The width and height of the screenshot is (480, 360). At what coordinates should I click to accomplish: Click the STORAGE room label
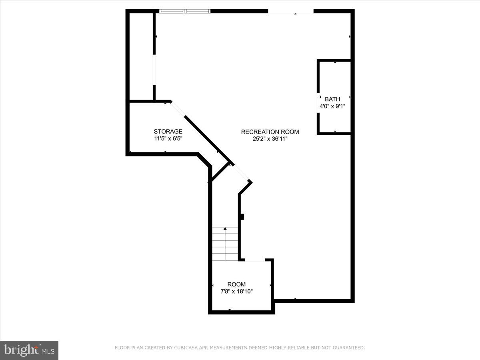tap(168, 131)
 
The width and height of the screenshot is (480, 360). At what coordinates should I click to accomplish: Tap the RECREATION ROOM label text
tap(270, 132)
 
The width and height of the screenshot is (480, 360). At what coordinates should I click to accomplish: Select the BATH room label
tap(332, 99)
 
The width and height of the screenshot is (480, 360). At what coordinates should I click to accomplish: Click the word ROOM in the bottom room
tap(236, 284)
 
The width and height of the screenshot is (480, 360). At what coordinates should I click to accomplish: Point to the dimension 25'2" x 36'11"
tap(270, 139)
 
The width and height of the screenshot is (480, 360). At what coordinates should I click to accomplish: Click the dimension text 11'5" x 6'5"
tap(168, 139)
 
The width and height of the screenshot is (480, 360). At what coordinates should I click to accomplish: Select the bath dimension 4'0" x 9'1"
tap(332, 106)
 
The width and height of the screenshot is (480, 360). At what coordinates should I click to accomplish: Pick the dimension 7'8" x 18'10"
tap(236, 292)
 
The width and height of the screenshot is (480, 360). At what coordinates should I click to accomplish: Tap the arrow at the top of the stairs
tap(225, 229)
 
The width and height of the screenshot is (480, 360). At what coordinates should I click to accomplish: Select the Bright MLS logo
tap(29, 350)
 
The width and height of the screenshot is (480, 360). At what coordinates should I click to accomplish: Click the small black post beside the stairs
tap(242, 216)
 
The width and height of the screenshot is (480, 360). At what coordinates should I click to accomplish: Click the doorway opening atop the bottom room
tap(255, 260)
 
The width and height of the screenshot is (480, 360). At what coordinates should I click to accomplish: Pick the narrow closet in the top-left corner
tap(141, 56)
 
